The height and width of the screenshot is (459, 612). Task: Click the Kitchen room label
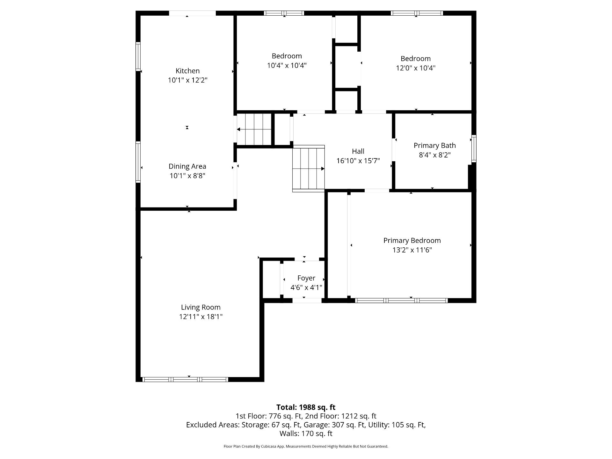pos(188,71)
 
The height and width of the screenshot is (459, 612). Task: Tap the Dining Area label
pos(187,166)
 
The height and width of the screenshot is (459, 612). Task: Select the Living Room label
pos(201,307)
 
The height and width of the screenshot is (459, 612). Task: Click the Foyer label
pos(306,278)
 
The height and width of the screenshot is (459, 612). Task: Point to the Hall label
pos(358,151)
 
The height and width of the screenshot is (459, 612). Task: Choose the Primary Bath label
pos(435,146)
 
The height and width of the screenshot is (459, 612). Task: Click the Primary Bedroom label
pos(412,241)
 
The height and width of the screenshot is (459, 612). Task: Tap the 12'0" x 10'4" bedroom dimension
pos(416,68)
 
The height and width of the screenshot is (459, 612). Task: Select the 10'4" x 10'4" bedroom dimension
pos(287,65)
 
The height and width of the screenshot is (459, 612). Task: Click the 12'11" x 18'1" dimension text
pos(201,317)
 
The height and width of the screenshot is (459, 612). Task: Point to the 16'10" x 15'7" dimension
pos(358,161)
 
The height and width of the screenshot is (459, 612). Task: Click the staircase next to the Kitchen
pos(254,129)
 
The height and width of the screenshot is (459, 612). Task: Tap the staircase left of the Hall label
pos(309,169)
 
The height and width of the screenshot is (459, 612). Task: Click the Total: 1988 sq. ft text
pos(306,407)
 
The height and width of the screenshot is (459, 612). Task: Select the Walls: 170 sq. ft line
pos(306,433)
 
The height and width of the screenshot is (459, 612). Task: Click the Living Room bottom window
pos(185,379)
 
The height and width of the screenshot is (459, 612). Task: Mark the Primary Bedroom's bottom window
pos(402,301)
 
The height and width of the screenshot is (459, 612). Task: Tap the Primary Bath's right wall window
pos(474,149)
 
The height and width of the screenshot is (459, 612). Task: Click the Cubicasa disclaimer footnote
pos(306,446)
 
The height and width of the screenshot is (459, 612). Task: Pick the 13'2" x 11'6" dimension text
pos(412,250)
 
